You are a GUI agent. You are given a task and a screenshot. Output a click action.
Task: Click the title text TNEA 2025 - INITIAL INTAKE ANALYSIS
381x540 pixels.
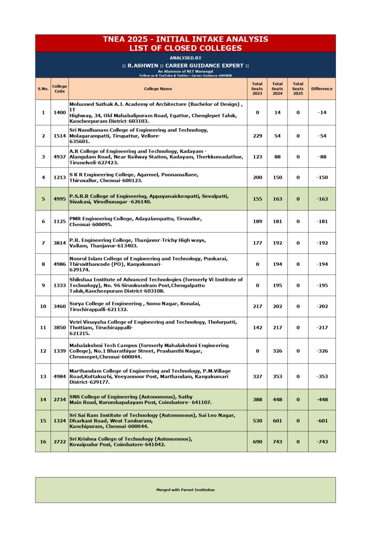click(x=185, y=39)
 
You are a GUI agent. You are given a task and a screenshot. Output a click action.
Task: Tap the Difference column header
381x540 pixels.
click(x=322, y=89)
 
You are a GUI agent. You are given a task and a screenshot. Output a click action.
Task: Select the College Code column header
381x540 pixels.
click(x=59, y=89)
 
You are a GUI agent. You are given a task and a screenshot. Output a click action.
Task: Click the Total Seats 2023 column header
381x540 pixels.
click(x=257, y=89)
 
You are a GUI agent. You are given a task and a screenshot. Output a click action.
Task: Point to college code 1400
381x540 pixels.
click(x=59, y=113)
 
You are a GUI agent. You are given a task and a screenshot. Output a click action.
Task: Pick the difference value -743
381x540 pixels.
click(x=322, y=442)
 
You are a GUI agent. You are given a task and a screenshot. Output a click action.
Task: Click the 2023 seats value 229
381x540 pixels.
click(x=257, y=136)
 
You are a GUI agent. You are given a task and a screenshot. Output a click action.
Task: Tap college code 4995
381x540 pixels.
click(x=59, y=199)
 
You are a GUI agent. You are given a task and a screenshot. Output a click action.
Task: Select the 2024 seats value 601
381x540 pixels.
click(x=277, y=421)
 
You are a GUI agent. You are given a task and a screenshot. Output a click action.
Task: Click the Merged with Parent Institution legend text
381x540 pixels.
click(x=185, y=490)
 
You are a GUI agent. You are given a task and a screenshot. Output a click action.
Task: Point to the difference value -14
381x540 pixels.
click(x=322, y=113)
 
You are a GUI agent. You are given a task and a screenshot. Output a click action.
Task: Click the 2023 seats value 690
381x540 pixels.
click(x=257, y=442)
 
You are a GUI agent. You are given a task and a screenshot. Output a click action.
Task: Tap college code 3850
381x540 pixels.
click(x=59, y=328)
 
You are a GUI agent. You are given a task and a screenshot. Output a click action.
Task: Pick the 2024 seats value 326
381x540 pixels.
click(x=277, y=351)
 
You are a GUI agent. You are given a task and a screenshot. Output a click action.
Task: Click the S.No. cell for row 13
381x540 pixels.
click(x=43, y=376)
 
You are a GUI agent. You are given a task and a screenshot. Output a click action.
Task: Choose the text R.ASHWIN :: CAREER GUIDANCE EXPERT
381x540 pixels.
click(x=185, y=65)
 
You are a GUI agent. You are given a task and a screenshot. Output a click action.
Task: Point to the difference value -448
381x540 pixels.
click(x=322, y=400)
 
